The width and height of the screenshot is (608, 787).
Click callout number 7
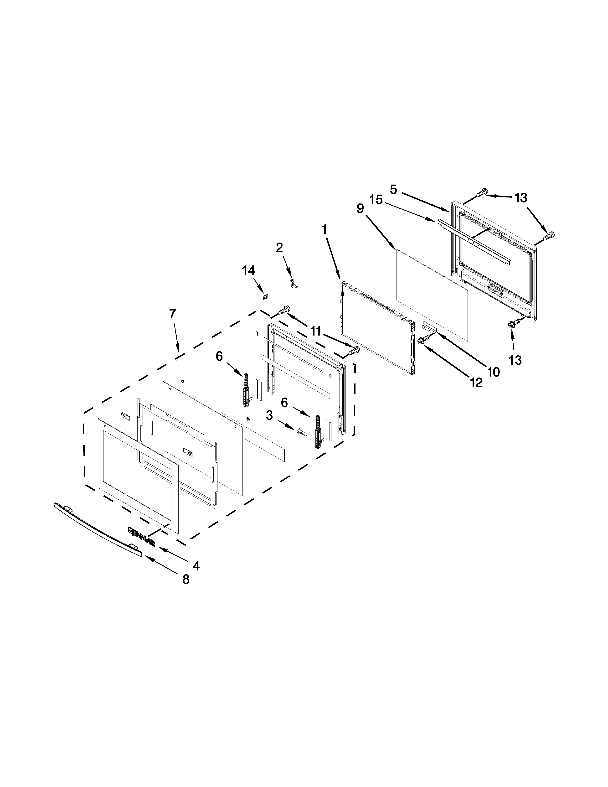(173, 314)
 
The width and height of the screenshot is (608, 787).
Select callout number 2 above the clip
(279, 248)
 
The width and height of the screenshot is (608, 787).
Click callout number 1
(325, 229)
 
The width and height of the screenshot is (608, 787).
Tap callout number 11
(315, 331)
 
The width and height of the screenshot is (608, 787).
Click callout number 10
(494, 372)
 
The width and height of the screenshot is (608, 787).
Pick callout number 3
(269, 415)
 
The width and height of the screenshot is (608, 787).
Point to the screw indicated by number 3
(302, 431)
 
